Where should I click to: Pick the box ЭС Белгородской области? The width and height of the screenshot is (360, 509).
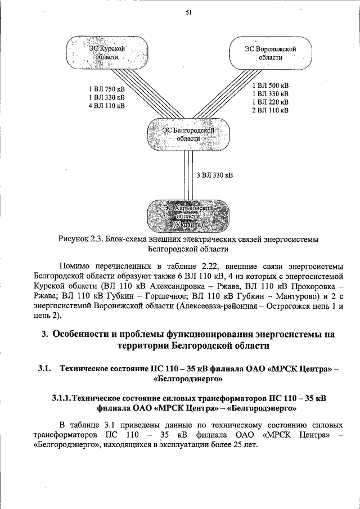click(188, 134)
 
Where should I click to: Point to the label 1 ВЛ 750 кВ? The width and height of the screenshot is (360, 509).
click(107, 89)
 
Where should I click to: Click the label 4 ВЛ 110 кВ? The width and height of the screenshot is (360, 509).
click(107, 105)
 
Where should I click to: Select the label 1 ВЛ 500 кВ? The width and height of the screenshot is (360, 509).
click(271, 85)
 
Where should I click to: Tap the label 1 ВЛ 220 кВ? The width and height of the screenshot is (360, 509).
click(271, 102)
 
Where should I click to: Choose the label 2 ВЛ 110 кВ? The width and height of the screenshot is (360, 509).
click(271, 110)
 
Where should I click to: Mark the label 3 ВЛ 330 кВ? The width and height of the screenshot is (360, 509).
click(215, 175)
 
